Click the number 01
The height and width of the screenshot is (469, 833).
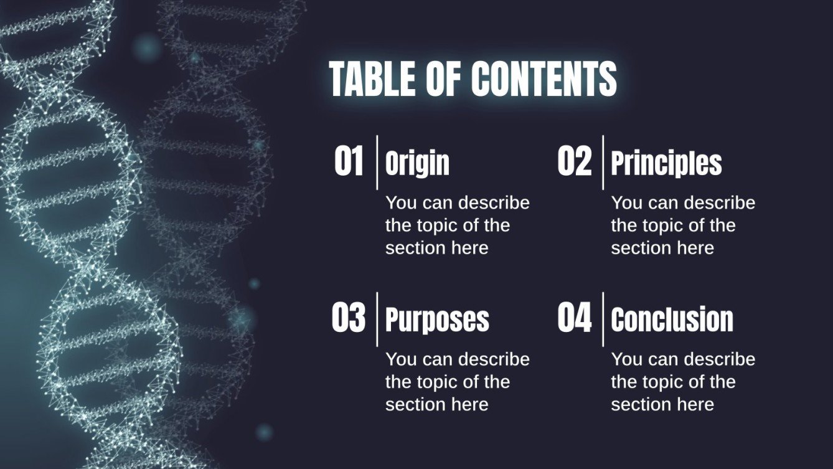coord(349,162)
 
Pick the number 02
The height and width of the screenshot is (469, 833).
coord(574,162)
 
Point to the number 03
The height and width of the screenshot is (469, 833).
coord(348,318)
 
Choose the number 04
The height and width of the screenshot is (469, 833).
coord(574,318)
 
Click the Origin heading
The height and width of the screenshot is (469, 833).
coord(417,164)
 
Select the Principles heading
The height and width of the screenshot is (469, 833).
coord(666,164)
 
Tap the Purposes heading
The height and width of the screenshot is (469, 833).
coord(437,320)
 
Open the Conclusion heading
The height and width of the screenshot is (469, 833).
coord(672,320)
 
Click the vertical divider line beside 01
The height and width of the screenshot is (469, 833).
coord(377,162)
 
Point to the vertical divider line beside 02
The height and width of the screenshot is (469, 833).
coord(603,162)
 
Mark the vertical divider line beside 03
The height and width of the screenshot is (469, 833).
coord(377,319)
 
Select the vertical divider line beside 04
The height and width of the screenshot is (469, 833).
coord(603,319)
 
